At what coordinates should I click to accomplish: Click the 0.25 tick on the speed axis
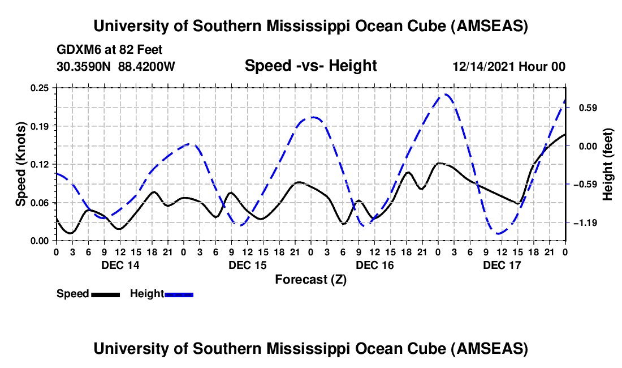click(x=40, y=87)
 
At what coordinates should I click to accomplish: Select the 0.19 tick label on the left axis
click(x=40, y=126)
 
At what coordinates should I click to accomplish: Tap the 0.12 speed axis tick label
click(x=40, y=164)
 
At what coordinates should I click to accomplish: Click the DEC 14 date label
click(x=120, y=265)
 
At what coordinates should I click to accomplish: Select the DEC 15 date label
click(x=247, y=265)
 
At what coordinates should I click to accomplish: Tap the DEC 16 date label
click(x=374, y=265)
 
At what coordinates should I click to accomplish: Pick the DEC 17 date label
click(x=502, y=265)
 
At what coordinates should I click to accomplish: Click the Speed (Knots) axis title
click(x=20, y=164)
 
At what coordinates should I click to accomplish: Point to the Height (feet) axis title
click(x=608, y=164)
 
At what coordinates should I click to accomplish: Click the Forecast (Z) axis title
click(x=310, y=279)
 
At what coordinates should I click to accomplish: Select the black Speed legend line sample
click(x=105, y=294)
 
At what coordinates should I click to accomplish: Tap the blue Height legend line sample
click(x=179, y=294)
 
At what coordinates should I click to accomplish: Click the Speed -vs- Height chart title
click(x=310, y=66)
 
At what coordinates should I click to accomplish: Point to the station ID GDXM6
click(x=76, y=50)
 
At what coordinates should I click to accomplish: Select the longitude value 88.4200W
click(x=146, y=66)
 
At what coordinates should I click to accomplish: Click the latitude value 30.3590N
click(x=84, y=66)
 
